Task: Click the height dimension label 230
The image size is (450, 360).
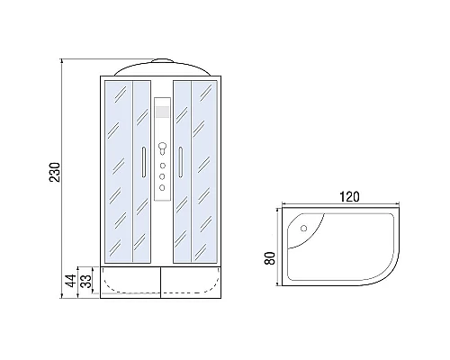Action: click(x=54, y=171)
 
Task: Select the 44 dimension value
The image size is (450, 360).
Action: click(x=67, y=281)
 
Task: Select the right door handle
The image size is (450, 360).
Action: click(x=181, y=162)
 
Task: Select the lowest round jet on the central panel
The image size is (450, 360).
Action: click(x=161, y=188)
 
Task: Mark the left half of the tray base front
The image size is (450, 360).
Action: click(x=126, y=284)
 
